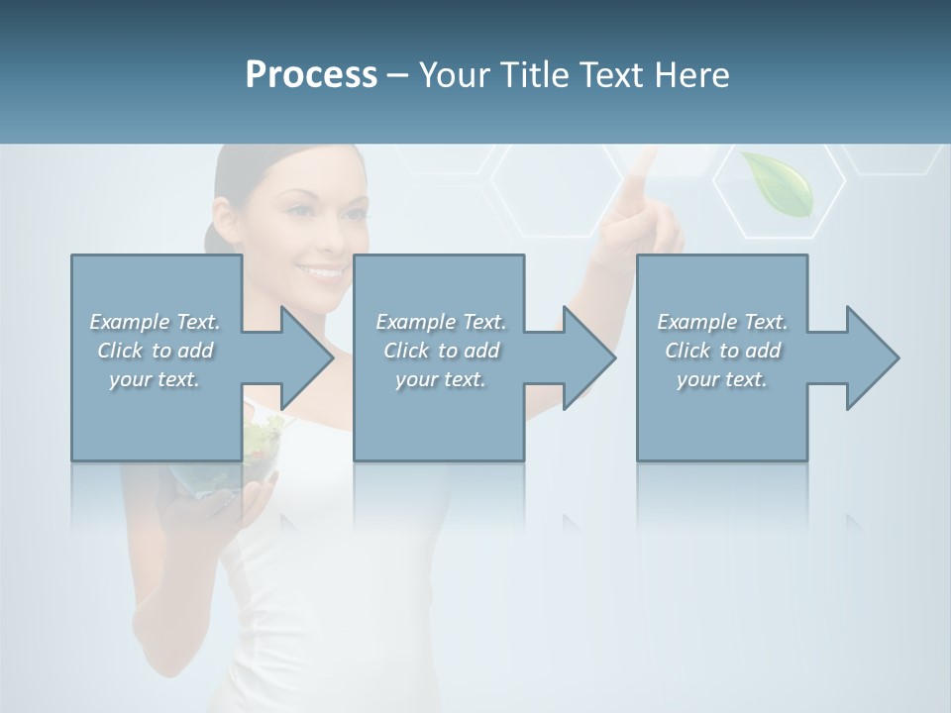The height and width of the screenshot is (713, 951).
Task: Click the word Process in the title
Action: pos(311,75)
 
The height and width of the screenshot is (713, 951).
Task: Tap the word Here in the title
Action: pos(690,75)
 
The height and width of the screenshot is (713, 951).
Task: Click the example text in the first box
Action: pos(155,351)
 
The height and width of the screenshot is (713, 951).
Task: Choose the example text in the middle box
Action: pos(440,351)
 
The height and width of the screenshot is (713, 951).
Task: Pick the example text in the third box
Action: pos(722,351)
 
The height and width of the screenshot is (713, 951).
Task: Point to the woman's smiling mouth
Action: pos(323,269)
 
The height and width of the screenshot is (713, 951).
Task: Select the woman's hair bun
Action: pos(210,238)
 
